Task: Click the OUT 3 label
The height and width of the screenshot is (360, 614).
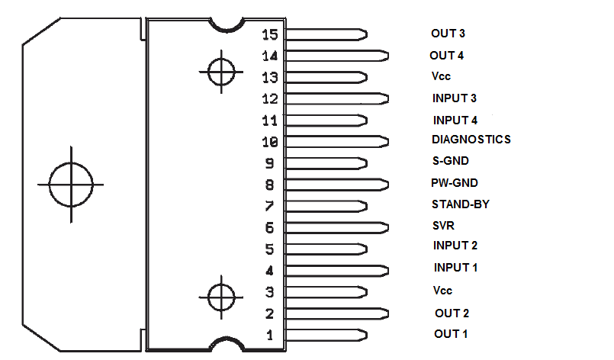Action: coord(448,34)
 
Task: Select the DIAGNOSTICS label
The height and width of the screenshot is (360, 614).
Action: coord(471,140)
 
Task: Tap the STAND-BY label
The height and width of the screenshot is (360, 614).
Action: coord(460,204)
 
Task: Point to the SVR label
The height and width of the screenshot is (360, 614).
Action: coord(443,227)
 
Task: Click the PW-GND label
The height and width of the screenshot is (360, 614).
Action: coord(455,183)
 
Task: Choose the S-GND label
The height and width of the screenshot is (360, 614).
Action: coord(450,161)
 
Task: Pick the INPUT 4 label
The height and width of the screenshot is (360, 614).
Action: coord(455,120)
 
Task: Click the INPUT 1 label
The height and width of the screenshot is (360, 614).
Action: coord(455,268)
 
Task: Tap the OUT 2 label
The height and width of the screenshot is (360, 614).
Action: coord(452,313)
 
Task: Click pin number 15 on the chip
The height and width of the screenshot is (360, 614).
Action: coord(269,35)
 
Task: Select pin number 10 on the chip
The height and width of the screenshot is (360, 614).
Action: coord(269,142)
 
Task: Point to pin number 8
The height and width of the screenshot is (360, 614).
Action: coord(269,185)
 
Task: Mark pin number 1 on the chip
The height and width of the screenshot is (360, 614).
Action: coord(269,335)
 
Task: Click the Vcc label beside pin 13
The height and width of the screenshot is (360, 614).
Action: coord(442,76)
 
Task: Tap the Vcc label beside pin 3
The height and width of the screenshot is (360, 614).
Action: coord(442,291)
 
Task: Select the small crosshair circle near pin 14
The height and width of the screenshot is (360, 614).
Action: coord(220,72)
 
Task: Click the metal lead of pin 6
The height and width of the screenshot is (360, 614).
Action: coord(336,227)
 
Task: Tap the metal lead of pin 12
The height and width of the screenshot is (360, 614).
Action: coord(336,98)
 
